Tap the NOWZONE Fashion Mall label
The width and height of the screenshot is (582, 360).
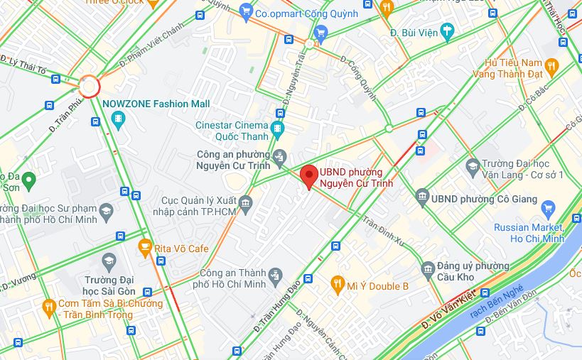tap(156, 104)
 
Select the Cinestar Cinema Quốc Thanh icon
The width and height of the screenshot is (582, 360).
tap(277, 129)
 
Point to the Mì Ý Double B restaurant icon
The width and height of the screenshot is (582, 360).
tap(338, 286)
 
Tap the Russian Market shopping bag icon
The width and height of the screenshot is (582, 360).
tap(547, 209)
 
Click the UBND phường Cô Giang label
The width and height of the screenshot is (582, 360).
tap(484, 199)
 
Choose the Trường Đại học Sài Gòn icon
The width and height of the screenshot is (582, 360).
tap(109, 261)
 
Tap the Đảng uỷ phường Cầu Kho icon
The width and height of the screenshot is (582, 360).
tap(428, 268)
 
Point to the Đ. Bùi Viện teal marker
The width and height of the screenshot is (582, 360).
tap(446, 31)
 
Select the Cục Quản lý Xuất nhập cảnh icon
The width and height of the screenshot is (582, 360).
tap(246, 204)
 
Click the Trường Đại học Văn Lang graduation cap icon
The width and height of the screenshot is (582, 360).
tap(472, 167)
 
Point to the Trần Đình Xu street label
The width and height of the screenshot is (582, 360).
tap(383, 231)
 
